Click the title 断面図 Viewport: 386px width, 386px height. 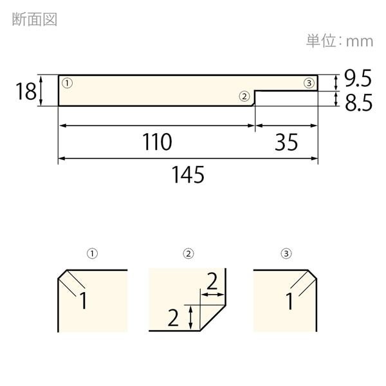[x=35, y=19]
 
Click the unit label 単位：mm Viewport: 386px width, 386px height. [x=340, y=41]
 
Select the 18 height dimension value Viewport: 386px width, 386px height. [x=26, y=91]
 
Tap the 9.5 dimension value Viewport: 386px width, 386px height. [x=358, y=78]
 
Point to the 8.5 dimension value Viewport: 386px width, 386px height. [x=358, y=102]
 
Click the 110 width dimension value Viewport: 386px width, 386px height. [x=157, y=142]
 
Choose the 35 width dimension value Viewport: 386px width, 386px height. [x=286, y=142]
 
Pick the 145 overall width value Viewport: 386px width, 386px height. [x=188, y=174]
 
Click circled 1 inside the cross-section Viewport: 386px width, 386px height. [x=67, y=83]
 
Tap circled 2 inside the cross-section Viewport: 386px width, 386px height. [x=244, y=96]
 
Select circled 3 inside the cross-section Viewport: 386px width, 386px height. [x=309, y=83]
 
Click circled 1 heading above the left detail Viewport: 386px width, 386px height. [x=92, y=253]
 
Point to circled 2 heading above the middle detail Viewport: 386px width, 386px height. [x=188, y=253]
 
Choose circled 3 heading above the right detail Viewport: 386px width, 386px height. [x=286, y=253]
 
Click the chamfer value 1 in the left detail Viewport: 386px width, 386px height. [x=84, y=300]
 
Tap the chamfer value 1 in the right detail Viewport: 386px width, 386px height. [x=289, y=301]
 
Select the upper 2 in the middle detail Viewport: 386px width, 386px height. [x=212, y=281]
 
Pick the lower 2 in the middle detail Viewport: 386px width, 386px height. [x=173, y=318]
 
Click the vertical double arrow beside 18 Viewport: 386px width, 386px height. [x=41, y=91]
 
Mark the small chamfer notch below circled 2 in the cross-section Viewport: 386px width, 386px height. [x=253, y=104]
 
